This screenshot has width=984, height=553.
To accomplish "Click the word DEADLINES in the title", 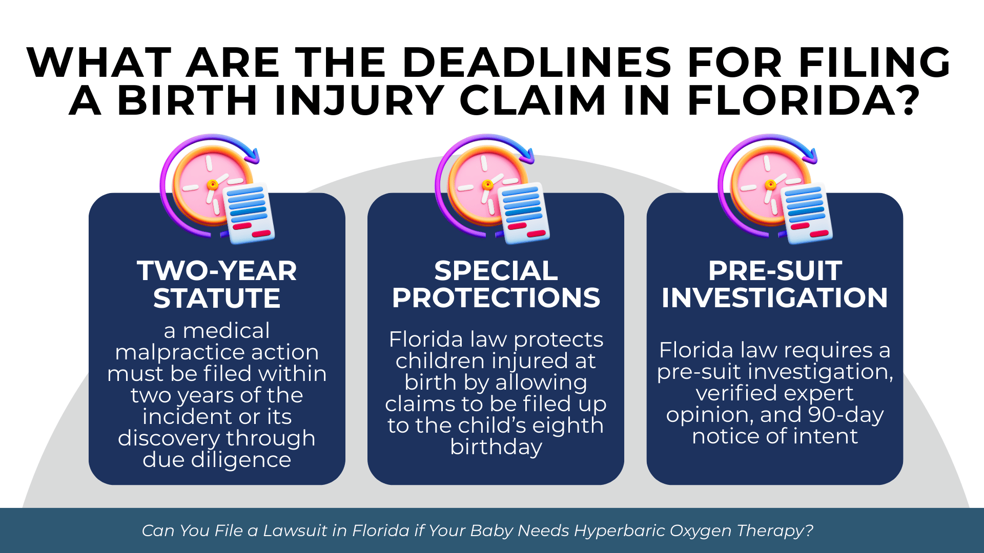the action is pyautogui.click(x=537, y=62).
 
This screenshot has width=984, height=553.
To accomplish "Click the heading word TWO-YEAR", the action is pyautogui.click(x=217, y=271).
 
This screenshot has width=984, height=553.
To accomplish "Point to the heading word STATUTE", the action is pyautogui.click(x=217, y=298).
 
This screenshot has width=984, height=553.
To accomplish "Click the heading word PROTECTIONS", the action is pyautogui.click(x=496, y=297).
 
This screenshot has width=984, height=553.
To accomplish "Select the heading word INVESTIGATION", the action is pyautogui.click(x=774, y=297).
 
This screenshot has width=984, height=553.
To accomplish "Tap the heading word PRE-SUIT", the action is pyautogui.click(x=774, y=271).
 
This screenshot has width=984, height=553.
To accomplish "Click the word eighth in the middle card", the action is pyautogui.click(x=568, y=426).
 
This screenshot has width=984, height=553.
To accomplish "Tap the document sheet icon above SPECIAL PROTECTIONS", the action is pyautogui.click(x=524, y=212).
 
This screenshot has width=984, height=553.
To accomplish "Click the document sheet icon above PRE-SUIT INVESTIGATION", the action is pyautogui.click(x=806, y=212).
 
